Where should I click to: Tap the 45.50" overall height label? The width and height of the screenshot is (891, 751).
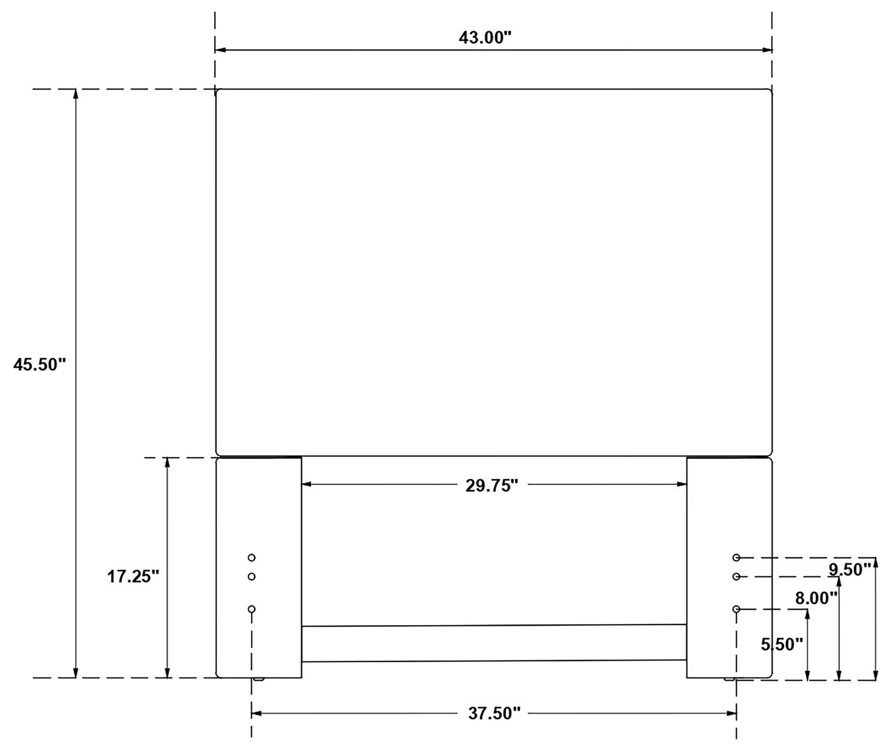coord(40,365)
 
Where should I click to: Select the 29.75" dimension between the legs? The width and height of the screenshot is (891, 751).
coord(492,485)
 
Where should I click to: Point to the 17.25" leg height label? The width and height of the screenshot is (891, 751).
coord(133,577)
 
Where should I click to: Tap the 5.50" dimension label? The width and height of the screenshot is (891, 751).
coord(782,644)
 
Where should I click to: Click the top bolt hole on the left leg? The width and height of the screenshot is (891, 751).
coord(252,558)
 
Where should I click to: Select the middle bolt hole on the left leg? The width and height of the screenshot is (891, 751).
coord(252,577)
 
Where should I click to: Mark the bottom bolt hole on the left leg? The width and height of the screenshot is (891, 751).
coord(252,609)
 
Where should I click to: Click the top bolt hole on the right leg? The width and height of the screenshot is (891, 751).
coord(736,558)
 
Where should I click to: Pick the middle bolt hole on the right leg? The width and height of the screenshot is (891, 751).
coord(736,577)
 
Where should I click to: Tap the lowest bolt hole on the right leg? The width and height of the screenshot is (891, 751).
coord(736,609)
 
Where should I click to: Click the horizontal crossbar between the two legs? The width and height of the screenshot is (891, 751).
coord(494,643)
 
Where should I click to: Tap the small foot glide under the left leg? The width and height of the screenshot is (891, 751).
coord(258,679)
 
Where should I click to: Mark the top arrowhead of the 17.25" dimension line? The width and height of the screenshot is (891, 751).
coord(167,463)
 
